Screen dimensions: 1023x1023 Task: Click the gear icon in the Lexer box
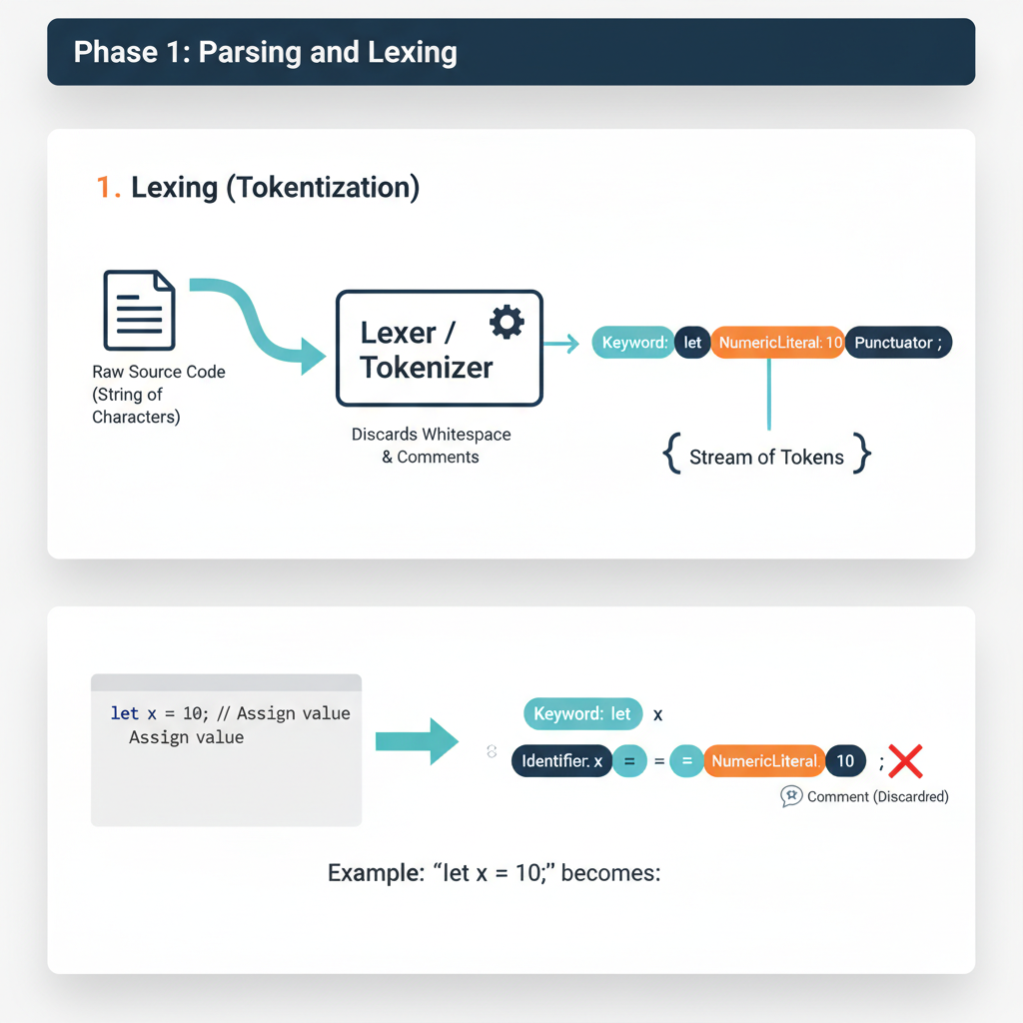click(x=507, y=322)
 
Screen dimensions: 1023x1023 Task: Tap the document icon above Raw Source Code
click(x=140, y=310)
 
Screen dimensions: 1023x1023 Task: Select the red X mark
click(x=905, y=762)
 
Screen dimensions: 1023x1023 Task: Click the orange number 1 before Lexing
click(x=107, y=187)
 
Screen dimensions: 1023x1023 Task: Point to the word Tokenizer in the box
click(x=427, y=367)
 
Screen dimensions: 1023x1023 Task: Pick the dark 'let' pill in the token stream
click(x=691, y=343)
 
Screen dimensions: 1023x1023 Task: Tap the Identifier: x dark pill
click(x=561, y=761)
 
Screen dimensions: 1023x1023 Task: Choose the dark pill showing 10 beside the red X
click(x=845, y=761)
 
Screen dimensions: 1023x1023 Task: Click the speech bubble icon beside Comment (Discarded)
click(x=791, y=796)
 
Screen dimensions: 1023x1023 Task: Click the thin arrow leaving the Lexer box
click(x=561, y=344)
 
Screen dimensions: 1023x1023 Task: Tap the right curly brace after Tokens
click(x=861, y=458)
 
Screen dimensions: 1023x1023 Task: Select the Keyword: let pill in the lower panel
click(x=582, y=714)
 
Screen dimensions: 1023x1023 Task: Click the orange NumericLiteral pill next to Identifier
click(x=764, y=761)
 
